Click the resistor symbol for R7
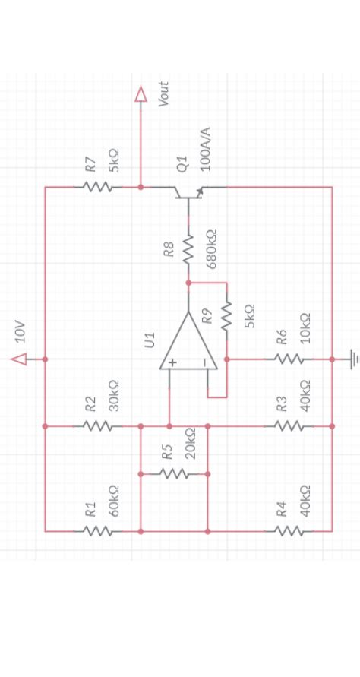97,187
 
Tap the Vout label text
163,94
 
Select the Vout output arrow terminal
140,93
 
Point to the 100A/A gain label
204,149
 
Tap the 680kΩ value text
212,248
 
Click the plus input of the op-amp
172,363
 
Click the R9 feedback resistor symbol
226,316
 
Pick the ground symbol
352,358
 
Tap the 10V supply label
21,331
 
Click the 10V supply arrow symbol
19,358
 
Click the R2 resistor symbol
97,426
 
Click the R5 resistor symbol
174,473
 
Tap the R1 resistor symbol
97,531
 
